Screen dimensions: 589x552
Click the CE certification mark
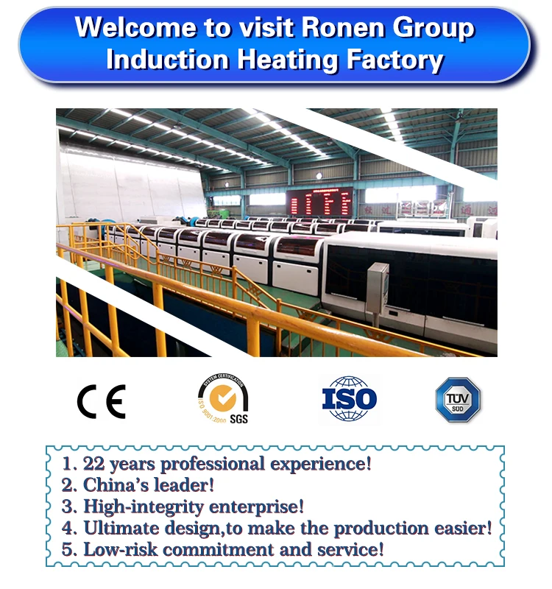coord(101,401)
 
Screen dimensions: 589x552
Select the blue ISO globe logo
coord(349,399)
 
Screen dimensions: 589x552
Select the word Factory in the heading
coord(395,59)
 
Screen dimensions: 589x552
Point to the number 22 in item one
coord(93,464)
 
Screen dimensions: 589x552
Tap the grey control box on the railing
coord(378,288)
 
